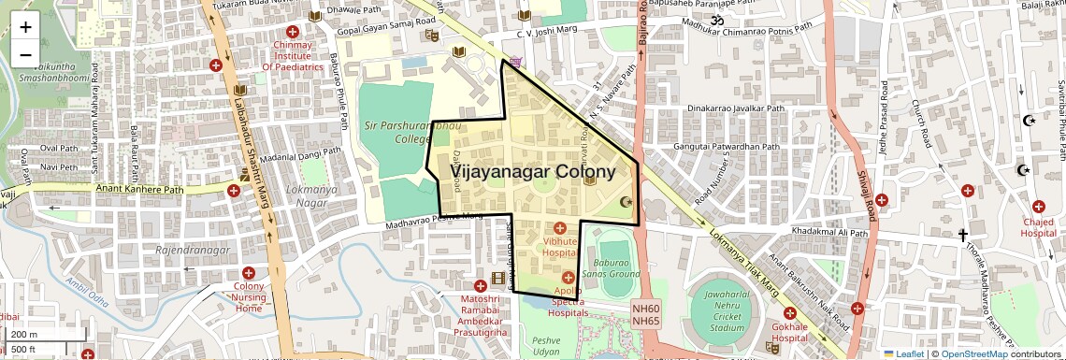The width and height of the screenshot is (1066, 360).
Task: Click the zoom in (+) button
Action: tap(25, 27)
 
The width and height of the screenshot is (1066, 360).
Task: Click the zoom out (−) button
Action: tap(25, 55)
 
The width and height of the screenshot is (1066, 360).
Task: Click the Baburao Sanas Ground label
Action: tap(612, 268)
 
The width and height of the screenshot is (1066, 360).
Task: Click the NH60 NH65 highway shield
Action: tap(645, 315)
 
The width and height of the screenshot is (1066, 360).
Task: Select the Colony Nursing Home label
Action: tap(249, 296)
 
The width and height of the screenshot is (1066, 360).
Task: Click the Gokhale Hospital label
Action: tap(790, 332)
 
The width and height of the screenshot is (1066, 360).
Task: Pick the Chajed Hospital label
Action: tap(1038, 227)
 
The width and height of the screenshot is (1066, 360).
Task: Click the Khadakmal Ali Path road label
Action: tap(829, 232)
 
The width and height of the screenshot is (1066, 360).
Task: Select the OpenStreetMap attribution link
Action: tap(973, 353)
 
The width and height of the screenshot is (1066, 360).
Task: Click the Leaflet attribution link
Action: tap(904, 353)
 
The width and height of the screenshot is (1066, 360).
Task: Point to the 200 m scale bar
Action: tap(33, 334)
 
